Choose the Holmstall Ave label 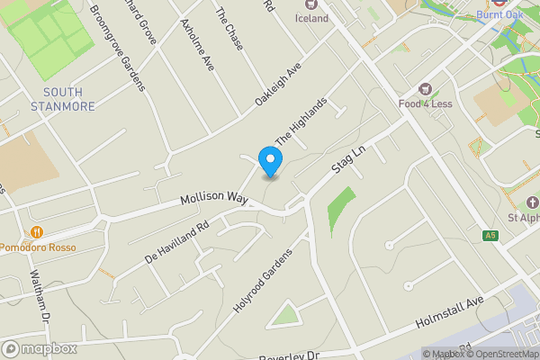point(449,312)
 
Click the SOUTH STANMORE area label point(68,100)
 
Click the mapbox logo point(40,348)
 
